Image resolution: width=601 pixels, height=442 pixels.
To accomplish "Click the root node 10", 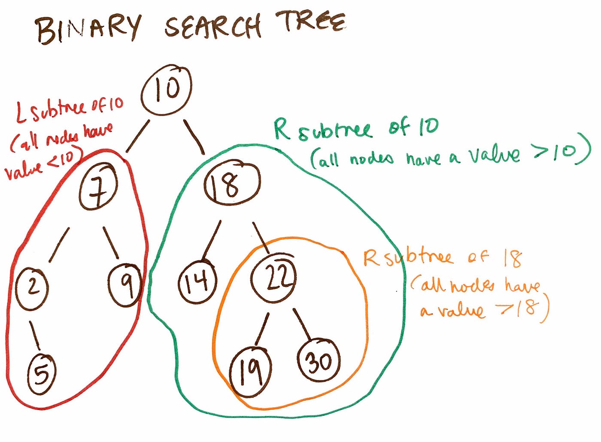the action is tap(166, 89).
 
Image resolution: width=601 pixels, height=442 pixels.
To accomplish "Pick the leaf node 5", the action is tap(42, 373).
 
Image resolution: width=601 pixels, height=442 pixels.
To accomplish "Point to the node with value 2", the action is tap(32, 287).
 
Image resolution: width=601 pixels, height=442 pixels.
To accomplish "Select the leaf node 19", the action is tap(251, 370).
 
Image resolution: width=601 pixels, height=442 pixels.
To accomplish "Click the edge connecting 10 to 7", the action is tap(137, 136).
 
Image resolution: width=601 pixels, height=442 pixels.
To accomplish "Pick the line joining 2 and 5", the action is tap(35, 335).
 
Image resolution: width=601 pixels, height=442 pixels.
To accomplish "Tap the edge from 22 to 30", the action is tap(302, 324).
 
